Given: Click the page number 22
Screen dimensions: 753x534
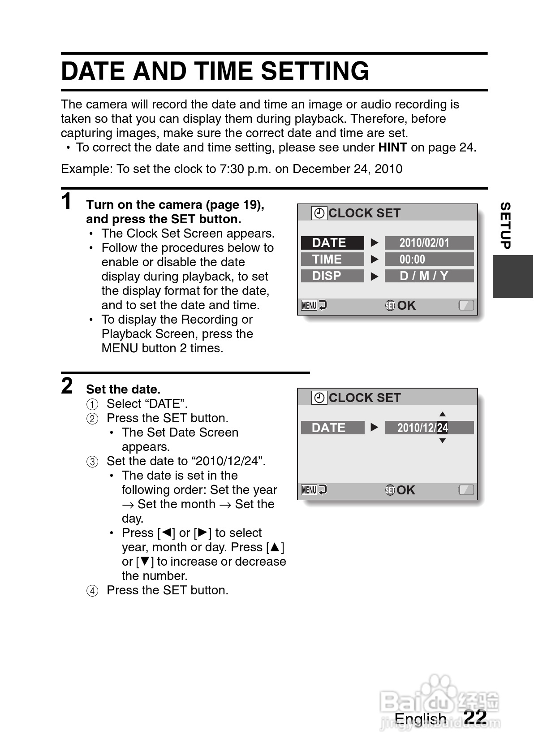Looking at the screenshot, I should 475,717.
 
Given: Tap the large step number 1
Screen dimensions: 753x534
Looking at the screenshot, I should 67,201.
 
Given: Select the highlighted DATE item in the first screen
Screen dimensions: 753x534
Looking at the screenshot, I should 332,243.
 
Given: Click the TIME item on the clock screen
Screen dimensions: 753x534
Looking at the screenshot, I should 332,260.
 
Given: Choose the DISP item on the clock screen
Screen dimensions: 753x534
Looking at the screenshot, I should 332,276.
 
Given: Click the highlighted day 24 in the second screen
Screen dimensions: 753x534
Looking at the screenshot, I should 442,428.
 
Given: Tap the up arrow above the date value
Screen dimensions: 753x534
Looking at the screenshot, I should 442,414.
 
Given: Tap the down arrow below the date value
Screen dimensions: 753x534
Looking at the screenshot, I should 442,441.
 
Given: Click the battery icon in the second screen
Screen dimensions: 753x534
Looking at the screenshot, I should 466,490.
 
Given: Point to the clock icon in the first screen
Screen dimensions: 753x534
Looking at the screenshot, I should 319,213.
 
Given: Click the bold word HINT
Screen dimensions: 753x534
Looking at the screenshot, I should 392,147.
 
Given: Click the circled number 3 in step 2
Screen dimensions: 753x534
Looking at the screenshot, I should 92,462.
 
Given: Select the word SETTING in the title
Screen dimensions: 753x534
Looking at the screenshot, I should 315,71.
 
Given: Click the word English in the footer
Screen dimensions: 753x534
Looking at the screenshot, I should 420,719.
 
